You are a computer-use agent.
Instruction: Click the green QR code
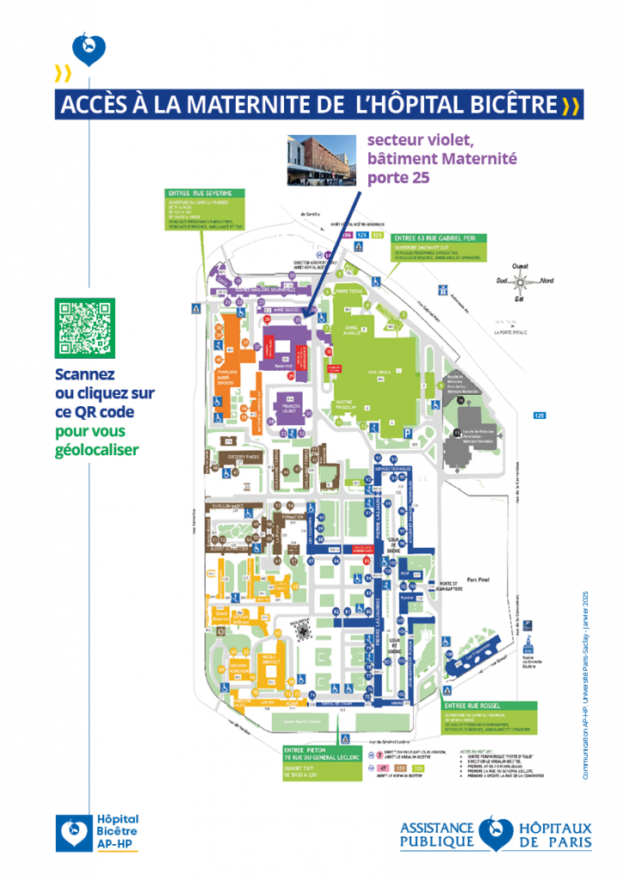coord(84,328)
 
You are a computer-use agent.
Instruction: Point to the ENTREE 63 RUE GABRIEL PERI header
coord(438,237)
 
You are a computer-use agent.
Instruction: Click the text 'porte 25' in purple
coord(397,178)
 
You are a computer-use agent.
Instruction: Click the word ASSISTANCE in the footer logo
coord(437,826)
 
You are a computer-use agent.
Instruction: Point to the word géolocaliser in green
coord(96,449)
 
